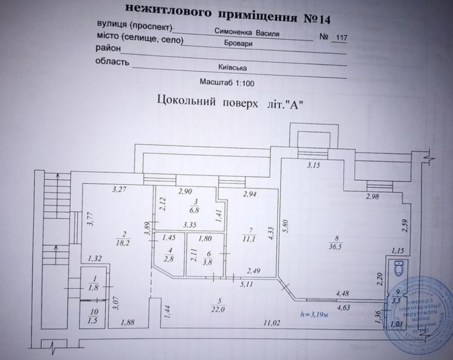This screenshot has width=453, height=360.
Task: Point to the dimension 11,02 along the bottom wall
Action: [274, 323]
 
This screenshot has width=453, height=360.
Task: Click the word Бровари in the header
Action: [238, 45]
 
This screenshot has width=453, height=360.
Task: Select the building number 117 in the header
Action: [339, 38]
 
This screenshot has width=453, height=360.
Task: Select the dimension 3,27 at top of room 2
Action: [118, 189]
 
